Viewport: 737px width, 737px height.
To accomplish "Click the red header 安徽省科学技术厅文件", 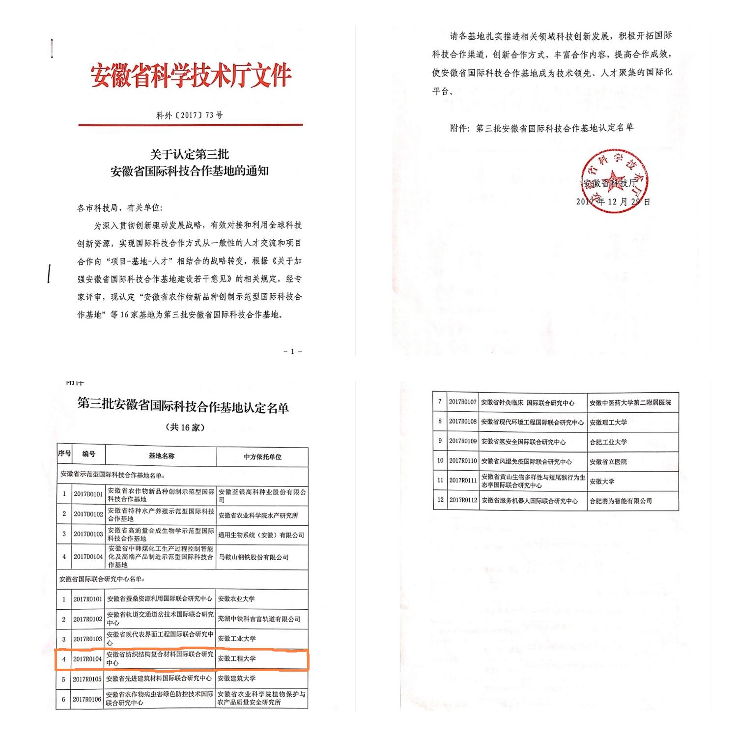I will point(191,75).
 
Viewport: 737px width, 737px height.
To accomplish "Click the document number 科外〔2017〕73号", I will point(189,115).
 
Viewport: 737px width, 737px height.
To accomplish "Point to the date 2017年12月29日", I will point(613,201).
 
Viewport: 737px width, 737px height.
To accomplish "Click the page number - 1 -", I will point(292,351).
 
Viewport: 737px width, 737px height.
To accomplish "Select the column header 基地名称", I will point(161,456).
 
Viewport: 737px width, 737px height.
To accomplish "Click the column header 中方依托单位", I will point(262,456).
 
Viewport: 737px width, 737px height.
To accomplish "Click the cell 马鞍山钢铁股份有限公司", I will point(253,557).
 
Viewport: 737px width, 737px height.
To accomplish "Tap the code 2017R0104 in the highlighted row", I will point(88,659).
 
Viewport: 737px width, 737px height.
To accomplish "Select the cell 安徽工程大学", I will point(237,658).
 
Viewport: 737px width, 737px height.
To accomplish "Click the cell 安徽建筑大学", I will point(237,678).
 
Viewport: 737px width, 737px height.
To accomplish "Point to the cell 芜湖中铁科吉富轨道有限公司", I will point(259,619).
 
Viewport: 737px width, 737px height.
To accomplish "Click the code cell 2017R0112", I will point(463,500).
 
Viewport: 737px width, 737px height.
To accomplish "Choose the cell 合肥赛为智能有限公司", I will point(621,501).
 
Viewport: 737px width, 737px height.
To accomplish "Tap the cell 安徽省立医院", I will point(608,462).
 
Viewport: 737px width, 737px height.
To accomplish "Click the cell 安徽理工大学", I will point(608,423).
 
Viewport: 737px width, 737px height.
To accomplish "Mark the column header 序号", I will point(64,454).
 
